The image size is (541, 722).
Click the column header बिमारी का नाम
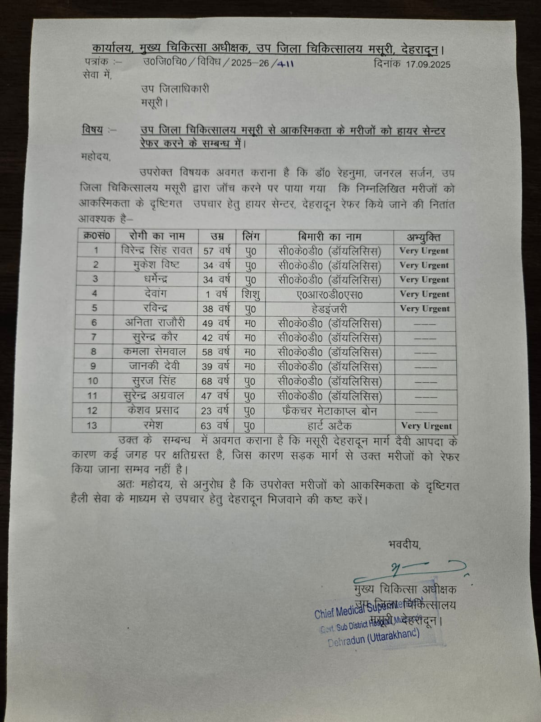pos(330,236)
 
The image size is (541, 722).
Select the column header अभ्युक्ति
pos(424,237)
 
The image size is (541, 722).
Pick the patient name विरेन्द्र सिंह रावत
pos(157,250)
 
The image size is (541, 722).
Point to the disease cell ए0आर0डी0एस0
pos(330,294)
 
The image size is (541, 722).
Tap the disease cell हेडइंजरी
pos(330,309)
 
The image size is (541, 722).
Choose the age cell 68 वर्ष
pos(216,381)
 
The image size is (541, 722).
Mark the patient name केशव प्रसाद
pos(154,410)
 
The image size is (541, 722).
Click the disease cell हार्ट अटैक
pos(330,425)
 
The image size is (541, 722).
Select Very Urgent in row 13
pos(426,426)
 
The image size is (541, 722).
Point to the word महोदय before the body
pos(95,157)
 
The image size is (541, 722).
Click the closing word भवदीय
pos(404,545)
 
